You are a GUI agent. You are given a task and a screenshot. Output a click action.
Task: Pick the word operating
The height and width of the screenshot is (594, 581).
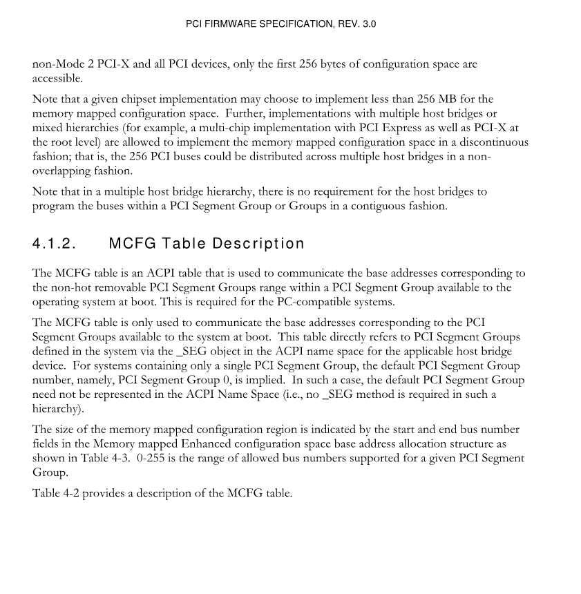coord(57,302)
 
